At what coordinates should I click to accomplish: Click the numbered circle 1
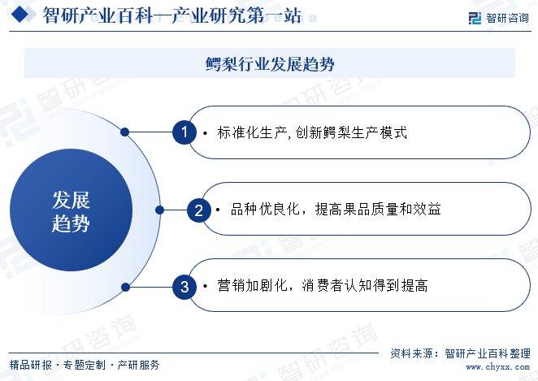(x=184, y=132)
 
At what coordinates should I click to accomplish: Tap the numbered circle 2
(x=198, y=210)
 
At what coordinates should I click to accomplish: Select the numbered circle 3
(x=184, y=287)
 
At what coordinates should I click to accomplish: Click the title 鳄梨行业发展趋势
(x=270, y=64)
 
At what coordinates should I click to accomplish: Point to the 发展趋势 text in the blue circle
(x=71, y=211)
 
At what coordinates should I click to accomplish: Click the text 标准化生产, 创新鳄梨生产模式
(x=312, y=132)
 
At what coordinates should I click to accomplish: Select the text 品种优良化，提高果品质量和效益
(x=336, y=210)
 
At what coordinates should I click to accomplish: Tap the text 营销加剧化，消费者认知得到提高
(x=322, y=285)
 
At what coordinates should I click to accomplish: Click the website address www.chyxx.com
(x=497, y=367)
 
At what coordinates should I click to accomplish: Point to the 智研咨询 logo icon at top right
(x=475, y=18)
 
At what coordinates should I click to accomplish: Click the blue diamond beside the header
(x=20, y=15)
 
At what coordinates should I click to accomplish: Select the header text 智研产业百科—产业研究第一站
(x=172, y=15)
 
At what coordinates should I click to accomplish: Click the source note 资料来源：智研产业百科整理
(x=460, y=353)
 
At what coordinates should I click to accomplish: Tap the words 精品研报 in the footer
(x=31, y=365)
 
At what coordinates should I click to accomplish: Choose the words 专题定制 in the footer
(x=85, y=365)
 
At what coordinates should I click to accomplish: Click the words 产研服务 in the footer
(x=138, y=365)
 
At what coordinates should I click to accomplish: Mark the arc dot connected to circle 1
(x=125, y=132)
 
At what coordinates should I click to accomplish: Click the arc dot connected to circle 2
(x=159, y=210)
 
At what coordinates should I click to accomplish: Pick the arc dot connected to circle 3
(x=126, y=287)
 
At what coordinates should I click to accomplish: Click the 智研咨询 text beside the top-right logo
(x=507, y=18)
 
